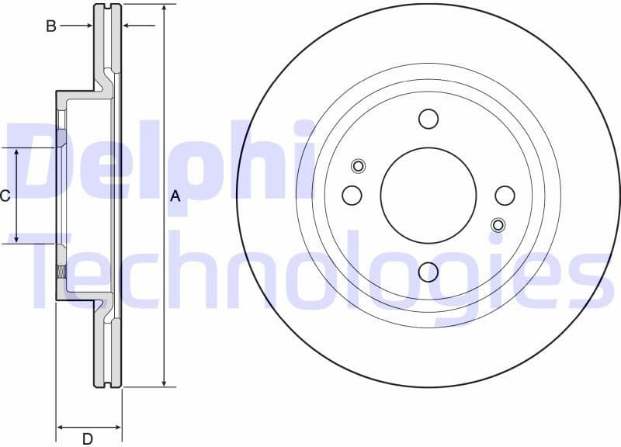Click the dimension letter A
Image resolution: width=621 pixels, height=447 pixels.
click(175, 196)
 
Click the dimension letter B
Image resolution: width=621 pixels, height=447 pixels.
click(51, 26)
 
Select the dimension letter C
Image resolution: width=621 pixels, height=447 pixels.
click(5, 196)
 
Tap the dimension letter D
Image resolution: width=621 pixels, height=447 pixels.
click(88, 439)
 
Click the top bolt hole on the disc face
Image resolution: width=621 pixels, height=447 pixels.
click(428, 119)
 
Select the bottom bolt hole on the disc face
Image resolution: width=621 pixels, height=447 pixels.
click(428, 272)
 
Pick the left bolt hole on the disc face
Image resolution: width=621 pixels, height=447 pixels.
click(352, 195)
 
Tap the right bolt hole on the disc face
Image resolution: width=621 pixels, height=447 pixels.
click(505, 195)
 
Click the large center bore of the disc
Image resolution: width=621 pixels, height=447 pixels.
click(428, 195)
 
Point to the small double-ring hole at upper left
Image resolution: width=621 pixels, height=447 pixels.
click(358, 165)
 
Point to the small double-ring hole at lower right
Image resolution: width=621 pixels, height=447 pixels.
click(498, 225)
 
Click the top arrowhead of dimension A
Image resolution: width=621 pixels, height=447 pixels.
click(164, 8)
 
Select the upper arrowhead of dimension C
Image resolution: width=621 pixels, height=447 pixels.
click(17, 152)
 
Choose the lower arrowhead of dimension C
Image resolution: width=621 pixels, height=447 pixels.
click(17, 238)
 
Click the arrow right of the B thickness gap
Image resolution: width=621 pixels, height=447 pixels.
click(129, 26)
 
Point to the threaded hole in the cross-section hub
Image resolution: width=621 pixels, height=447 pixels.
click(61, 272)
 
